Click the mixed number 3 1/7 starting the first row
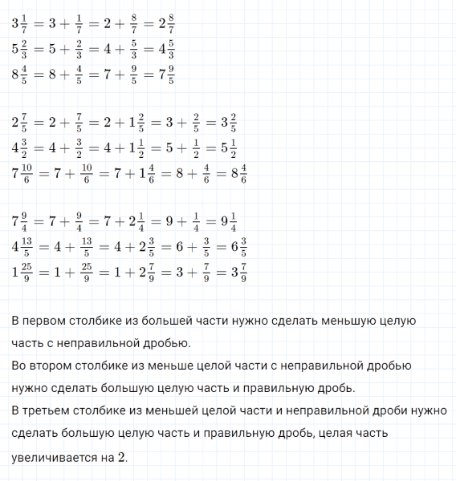click(x=19, y=24)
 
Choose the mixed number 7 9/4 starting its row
click(x=19, y=223)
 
